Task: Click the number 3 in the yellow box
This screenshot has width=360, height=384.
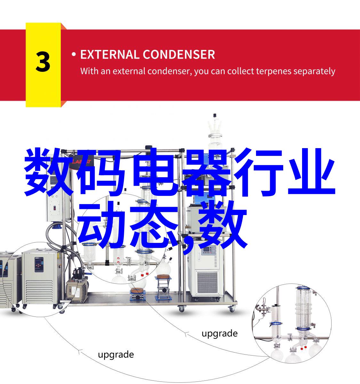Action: (x=43, y=62)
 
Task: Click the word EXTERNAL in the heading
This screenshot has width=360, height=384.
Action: (x=109, y=54)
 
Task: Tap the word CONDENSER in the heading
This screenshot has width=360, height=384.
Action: (x=179, y=54)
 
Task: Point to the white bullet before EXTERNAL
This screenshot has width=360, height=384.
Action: (x=74, y=54)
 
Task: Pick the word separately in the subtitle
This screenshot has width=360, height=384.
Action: (x=314, y=72)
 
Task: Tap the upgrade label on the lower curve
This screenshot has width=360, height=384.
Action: (x=116, y=355)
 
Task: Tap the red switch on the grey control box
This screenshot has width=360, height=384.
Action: (x=54, y=208)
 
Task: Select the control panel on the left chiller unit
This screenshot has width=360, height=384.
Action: (x=39, y=265)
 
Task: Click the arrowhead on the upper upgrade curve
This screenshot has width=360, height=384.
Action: (x=186, y=334)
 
